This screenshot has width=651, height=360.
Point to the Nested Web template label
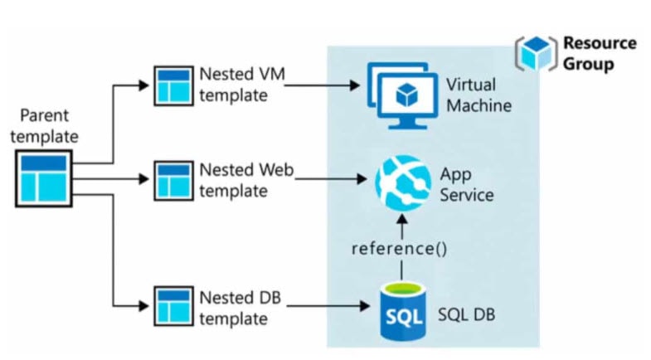click(x=246, y=180)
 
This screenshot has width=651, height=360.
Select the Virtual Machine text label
click(x=479, y=95)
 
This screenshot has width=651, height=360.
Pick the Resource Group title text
click(x=600, y=52)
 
